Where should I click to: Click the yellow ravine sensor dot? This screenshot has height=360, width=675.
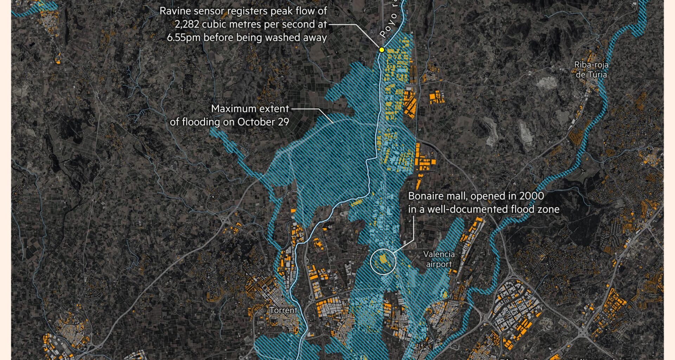pos(382,50)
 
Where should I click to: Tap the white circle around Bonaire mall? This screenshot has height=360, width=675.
pos(383,261)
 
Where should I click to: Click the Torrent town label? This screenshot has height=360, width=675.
pos(283,310)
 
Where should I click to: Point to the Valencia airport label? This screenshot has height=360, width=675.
pos(439,259)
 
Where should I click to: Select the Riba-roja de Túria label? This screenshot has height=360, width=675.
pos(591,70)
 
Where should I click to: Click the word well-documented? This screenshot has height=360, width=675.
pos(461,210)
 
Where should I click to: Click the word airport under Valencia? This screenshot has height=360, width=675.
pos(439,264)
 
